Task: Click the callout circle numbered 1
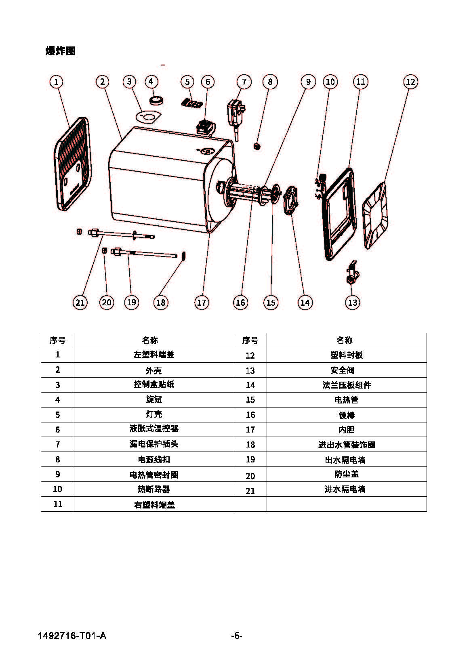[56, 82]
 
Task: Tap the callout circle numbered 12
[410, 82]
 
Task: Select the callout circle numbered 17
[201, 302]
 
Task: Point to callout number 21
[80, 302]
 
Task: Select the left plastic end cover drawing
[72, 164]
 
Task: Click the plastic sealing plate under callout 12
[375, 216]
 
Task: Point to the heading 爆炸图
[61, 51]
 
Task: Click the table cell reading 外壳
[153, 370]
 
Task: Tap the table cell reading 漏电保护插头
[153, 444]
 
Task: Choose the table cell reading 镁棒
[346, 415]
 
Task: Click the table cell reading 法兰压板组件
[346, 385]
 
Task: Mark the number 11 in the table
[58, 504]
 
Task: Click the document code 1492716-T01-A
[72, 636]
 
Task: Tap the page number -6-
[236, 636]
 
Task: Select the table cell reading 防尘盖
[346, 474]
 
